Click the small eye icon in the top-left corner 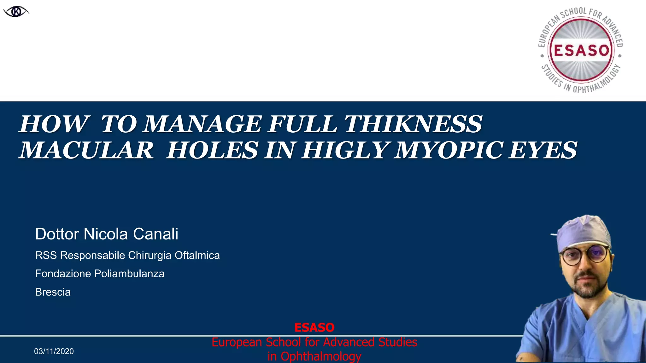tap(16, 12)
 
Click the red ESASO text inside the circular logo tap(581, 50)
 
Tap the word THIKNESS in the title tap(413, 124)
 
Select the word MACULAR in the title tap(86, 150)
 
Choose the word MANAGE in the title tap(202, 124)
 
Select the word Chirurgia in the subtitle tap(150, 255)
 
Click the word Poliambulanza tap(129, 274)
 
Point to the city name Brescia tap(53, 292)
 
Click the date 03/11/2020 tap(54, 351)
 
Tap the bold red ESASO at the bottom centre tap(314, 328)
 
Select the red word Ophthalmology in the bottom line tap(321, 356)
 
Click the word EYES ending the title tap(543, 150)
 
